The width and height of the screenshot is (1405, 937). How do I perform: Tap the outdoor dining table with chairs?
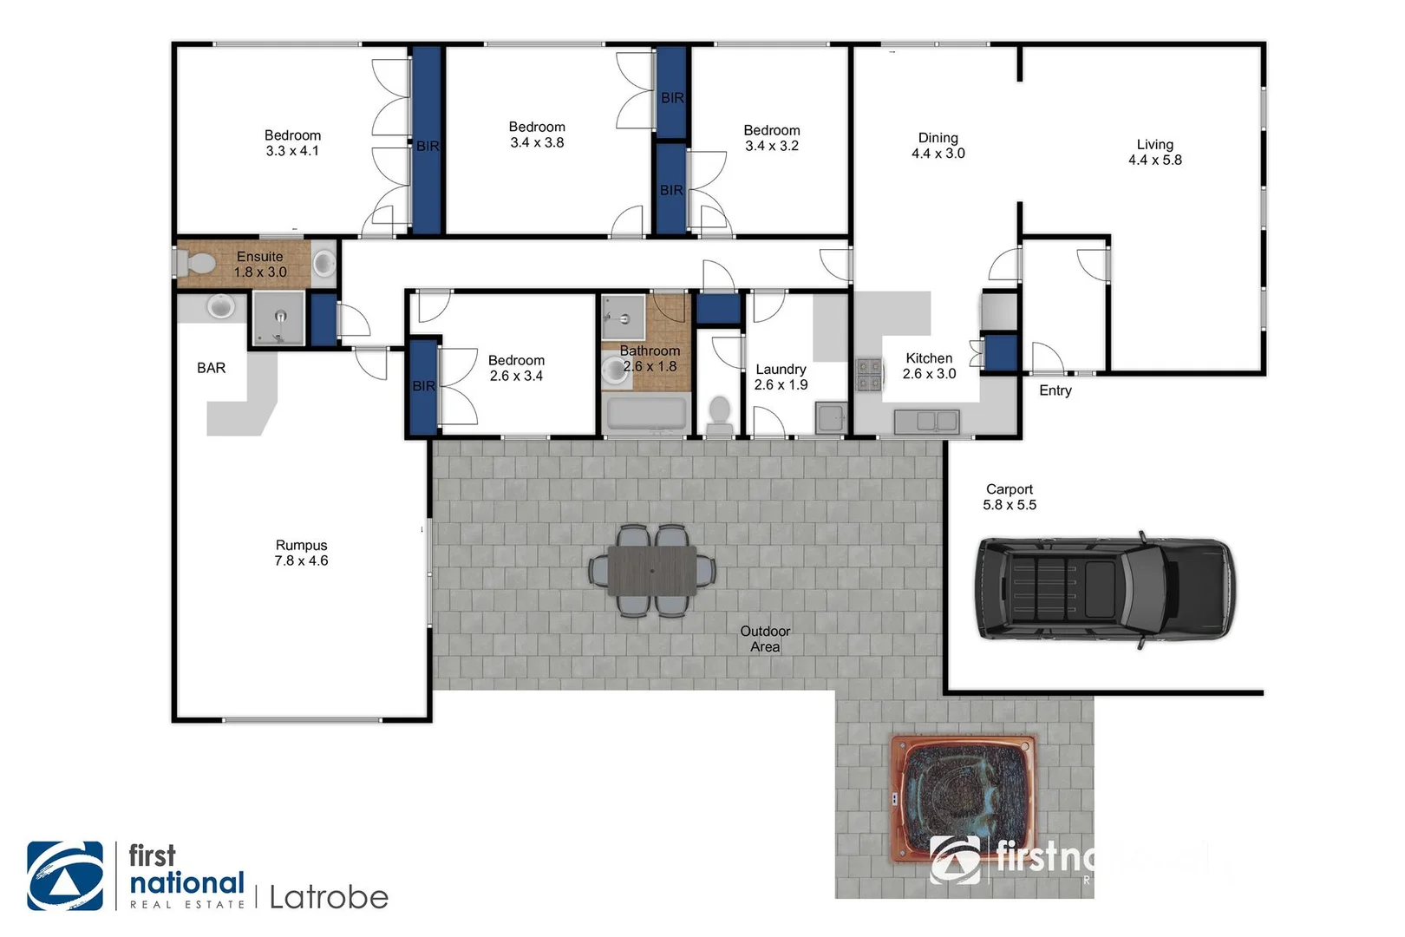(652, 571)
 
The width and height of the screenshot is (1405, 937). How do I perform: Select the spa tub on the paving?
(964, 798)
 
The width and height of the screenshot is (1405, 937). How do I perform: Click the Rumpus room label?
(301, 553)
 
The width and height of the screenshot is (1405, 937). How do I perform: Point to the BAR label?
(211, 368)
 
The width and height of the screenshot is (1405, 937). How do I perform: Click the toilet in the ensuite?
(195, 263)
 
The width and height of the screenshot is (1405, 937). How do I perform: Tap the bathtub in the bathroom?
(647, 414)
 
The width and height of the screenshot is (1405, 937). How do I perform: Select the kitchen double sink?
(926, 422)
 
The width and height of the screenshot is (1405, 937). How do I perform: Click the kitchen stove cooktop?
(869, 375)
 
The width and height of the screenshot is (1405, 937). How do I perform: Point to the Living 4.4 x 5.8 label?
(1154, 152)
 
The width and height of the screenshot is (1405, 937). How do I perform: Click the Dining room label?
(938, 145)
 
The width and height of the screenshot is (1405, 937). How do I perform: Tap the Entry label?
(1055, 390)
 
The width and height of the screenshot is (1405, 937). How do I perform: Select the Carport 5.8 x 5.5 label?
(1009, 497)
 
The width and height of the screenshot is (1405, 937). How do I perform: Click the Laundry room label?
(781, 377)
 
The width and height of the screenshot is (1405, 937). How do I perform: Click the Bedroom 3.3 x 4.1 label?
(292, 142)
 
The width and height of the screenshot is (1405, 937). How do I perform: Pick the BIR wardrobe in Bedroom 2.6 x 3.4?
(423, 387)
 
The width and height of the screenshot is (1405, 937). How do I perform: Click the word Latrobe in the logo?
(329, 897)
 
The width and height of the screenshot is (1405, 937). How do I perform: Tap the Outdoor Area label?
(765, 639)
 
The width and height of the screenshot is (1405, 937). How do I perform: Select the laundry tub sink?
(830, 418)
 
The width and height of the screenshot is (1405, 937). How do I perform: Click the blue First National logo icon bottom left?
(65, 875)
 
